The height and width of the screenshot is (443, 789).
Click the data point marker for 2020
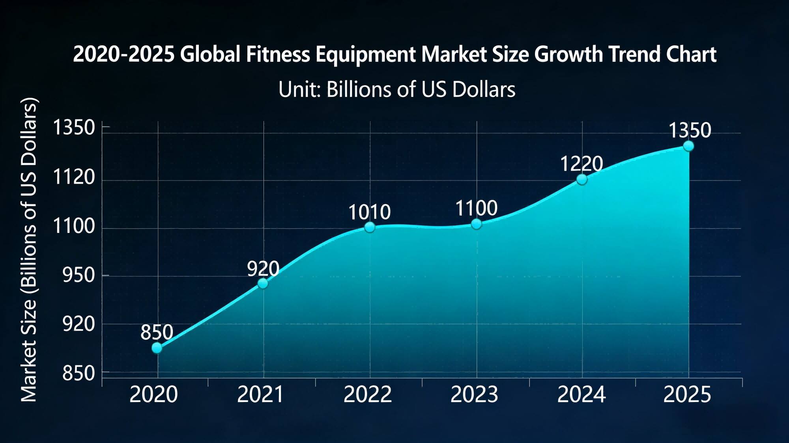click(x=157, y=348)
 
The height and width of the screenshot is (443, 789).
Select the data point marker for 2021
click(x=263, y=283)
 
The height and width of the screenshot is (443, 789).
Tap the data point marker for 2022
click(x=370, y=227)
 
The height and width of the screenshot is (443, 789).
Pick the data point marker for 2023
click(x=477, y=224)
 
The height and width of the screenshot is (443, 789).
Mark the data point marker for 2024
click(x=582, y=179)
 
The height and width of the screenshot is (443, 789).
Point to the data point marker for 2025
click(x=688, y=146)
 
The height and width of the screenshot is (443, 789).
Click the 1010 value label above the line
click(x=369, y=212)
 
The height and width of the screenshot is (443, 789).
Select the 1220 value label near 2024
click(x=581, y=164)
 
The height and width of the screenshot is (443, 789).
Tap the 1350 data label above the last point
click(x=690, y=130)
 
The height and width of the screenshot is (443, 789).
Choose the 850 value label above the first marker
click(x=157, y=332)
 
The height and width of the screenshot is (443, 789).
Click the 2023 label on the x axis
click(x=474, y=395)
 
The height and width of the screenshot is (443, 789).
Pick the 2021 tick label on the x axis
click(x=260, y=395)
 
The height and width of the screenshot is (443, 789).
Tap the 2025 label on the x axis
click(x=687, y=395)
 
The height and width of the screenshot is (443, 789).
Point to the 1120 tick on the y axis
click(x=74, y=177)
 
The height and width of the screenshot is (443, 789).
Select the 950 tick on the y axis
click(x=79, y=275)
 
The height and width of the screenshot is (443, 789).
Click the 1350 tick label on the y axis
click(x=74, y=128)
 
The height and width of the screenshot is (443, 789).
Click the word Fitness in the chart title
click(x=278, y=54)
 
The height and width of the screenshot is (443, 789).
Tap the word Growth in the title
click(x=568, y=54)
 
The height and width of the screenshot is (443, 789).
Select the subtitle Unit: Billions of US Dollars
click(x=396, y=89)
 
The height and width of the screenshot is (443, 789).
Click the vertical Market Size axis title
click(x=28, y=249)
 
